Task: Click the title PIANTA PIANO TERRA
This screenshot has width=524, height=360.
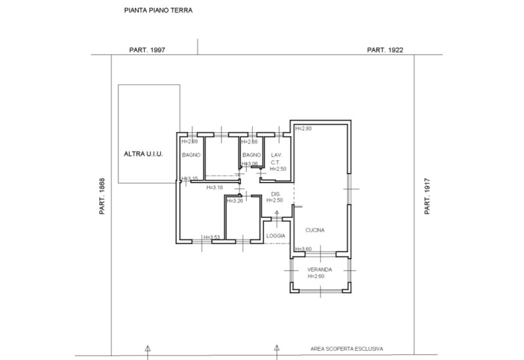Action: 158,11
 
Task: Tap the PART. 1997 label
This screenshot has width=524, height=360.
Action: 147,50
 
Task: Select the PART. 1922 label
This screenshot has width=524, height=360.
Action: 384,50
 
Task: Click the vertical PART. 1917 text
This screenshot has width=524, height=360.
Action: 427,197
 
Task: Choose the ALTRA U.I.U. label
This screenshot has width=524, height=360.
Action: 143,154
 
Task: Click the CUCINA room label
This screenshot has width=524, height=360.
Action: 314,230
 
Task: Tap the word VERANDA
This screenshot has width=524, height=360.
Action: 320,270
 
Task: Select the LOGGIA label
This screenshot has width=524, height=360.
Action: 276,236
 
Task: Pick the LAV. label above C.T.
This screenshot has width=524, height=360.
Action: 276,154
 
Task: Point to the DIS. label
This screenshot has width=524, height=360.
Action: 276,194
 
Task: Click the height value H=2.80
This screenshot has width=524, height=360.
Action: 304,129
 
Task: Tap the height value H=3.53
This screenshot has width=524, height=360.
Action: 212,238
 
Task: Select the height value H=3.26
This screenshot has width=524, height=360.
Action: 235,201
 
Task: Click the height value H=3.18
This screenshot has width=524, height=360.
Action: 215,188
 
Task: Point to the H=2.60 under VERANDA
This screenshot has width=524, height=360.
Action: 316,277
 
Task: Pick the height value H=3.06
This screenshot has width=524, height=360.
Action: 250,164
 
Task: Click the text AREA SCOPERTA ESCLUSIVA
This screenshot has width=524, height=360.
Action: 347,349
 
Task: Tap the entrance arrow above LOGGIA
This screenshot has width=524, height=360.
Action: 276,213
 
